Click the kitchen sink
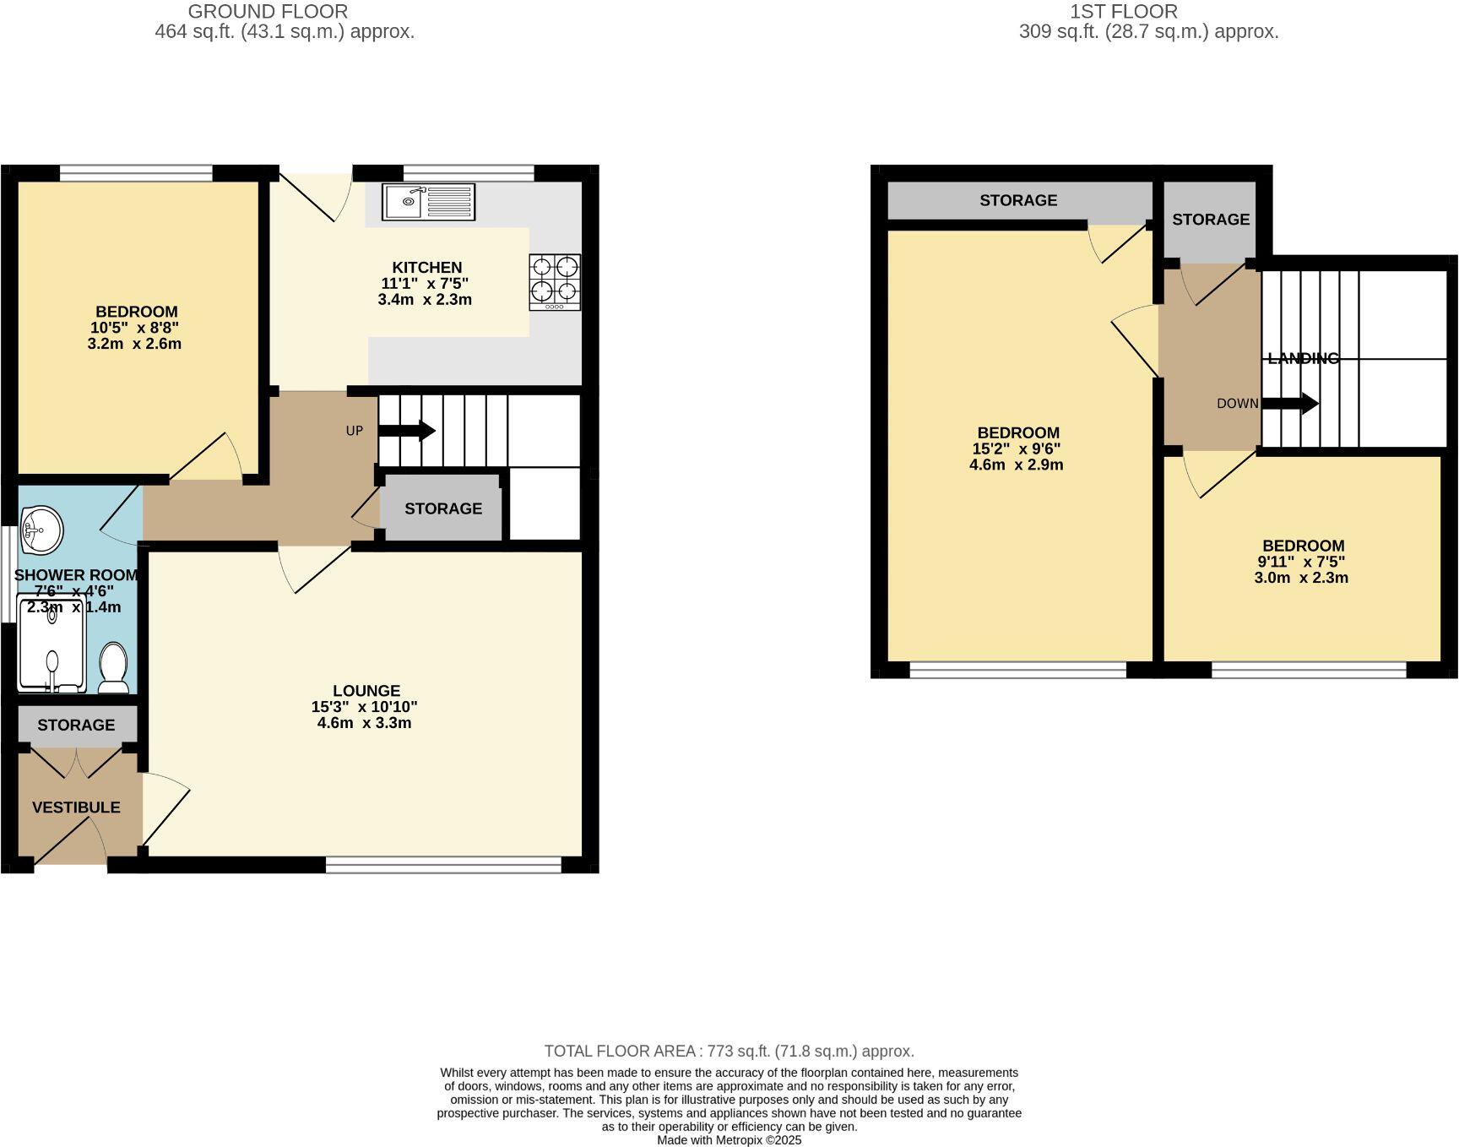427,202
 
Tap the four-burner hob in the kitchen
555,282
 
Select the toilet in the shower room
113,666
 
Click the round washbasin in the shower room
41,530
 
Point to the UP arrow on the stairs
407,431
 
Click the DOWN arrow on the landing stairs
1289,404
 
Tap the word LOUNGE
366,690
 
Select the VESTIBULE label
76,807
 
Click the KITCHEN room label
426,267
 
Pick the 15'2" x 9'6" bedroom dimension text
1017,448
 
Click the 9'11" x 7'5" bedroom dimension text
1301,562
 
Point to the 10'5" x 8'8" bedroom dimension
135,328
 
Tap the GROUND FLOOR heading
267,12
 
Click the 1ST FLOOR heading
1123,12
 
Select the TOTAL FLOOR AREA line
729,1052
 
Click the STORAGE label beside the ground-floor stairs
442,508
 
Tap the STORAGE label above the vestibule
76,725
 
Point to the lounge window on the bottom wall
443,865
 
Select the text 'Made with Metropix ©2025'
729,1139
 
